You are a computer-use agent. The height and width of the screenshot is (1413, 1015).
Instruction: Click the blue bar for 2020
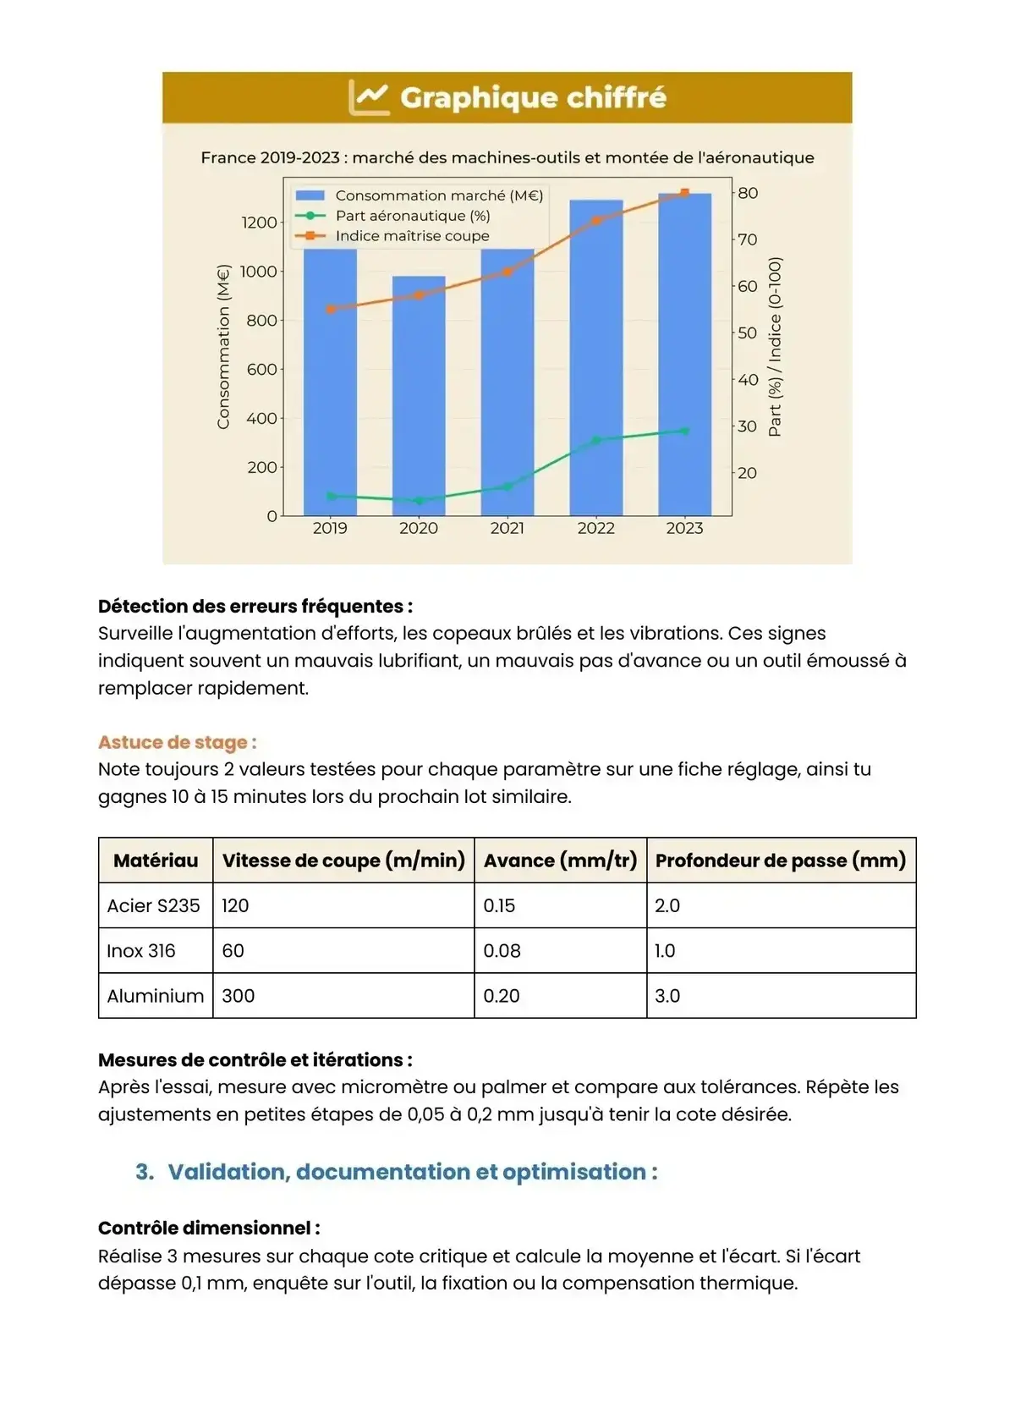point(419,398)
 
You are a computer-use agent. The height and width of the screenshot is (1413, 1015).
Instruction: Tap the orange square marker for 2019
point(331,309)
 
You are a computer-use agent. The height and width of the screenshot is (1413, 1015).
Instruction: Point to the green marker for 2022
point(596,440)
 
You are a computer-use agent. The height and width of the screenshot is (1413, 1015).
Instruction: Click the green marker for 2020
point(419,500)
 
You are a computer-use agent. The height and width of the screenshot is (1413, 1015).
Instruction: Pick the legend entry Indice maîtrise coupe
point(412,236)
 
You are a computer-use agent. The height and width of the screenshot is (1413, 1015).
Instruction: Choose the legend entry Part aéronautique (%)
point(412,216)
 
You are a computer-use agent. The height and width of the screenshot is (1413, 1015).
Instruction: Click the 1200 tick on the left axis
point(259,223)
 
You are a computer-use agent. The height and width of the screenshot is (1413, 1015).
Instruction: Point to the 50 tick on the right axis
point(747,333)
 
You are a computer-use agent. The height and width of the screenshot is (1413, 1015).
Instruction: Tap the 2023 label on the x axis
point(684,528)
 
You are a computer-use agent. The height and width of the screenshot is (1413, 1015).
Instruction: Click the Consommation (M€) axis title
point(223,347)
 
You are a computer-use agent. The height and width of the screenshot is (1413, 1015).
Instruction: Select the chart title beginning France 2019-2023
point(507,157)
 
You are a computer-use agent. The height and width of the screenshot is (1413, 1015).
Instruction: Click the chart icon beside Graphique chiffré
point(369,97)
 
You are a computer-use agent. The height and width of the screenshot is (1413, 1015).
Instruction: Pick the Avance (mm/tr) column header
point(560,860)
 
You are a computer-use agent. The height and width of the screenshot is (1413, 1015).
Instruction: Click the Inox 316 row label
point(141,951)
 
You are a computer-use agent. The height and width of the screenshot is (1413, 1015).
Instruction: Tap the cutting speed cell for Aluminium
point(239,996)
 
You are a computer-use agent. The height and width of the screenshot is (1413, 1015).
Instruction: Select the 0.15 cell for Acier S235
point(499,905)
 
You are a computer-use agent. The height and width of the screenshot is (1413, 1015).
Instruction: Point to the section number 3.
point(145,1172)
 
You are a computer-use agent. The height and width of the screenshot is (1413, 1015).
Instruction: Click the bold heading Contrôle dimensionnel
point(209,1228)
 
